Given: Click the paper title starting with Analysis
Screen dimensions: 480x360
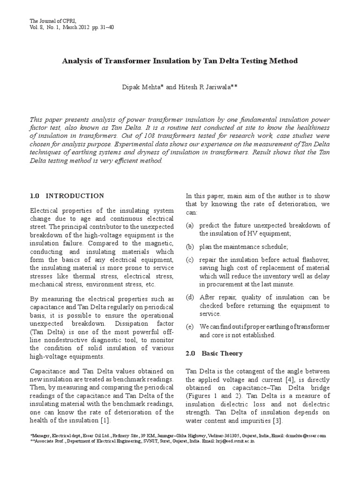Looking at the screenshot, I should pos(180,61).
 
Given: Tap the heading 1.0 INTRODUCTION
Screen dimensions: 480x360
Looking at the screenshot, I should pos(67,195).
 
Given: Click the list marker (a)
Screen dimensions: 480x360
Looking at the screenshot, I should pos(190,225).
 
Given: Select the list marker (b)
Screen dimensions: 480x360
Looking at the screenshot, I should pos(190,247).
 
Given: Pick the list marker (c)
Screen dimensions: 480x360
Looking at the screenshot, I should pos(190,259).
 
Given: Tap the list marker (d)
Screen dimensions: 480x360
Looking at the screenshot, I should pos(190,297).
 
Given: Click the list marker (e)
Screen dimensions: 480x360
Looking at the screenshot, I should pos(190,327).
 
